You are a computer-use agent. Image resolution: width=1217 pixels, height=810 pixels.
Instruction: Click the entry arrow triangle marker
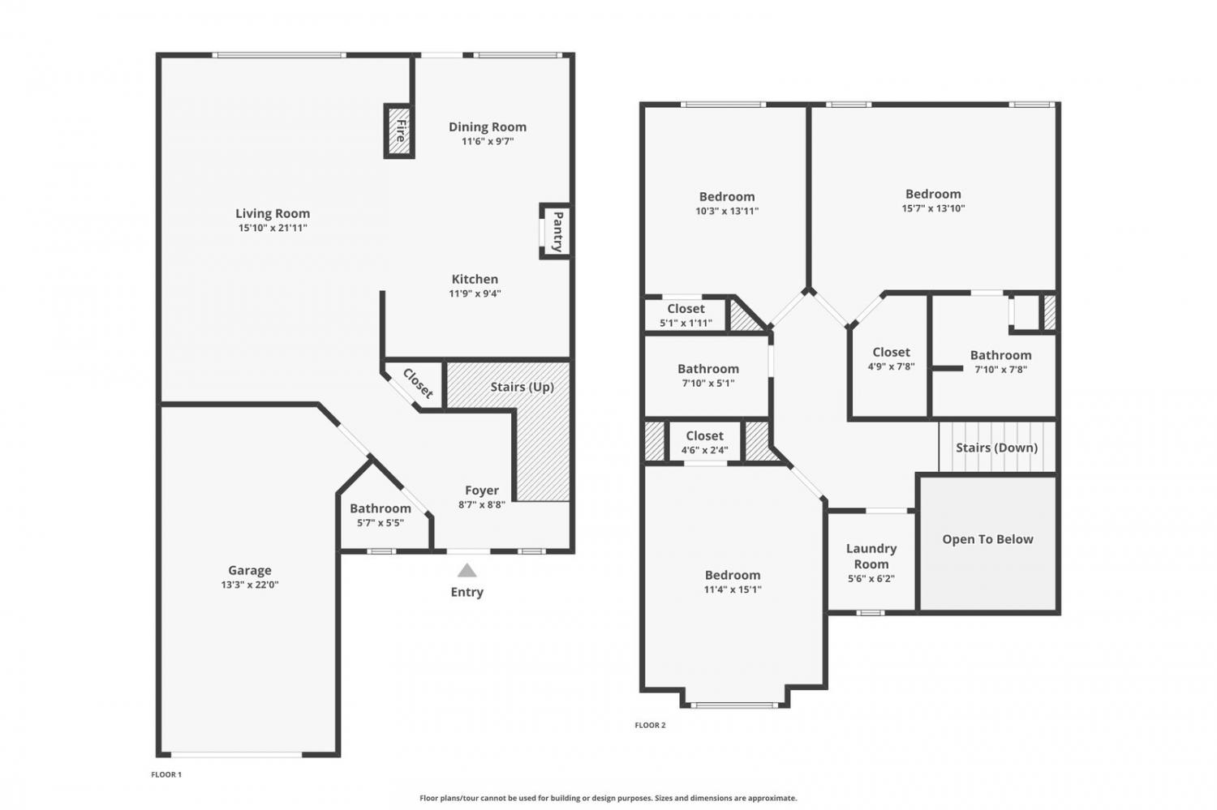pyautogui.click(x=467, y=571)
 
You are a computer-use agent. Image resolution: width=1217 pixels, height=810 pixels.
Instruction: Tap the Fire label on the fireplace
pyautogui.click(x=401, y=131)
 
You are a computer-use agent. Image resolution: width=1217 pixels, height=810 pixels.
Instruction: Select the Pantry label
pyautogui.click(x=557, y=232)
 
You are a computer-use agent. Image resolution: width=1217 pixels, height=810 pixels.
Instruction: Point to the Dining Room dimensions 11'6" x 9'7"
pyautogui.click(x=488, y=142)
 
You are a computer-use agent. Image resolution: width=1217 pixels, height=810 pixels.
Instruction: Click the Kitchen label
pyautogui.click(x=475, y=279)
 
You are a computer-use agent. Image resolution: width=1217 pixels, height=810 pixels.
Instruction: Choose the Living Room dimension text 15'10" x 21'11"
pyautogui.click(x=273, y=228)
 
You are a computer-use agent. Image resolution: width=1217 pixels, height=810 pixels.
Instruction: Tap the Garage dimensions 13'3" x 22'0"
pyautogui.click(x=250, y=585)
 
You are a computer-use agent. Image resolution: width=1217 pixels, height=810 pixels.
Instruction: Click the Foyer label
pyautogui.click(x=482, y=491)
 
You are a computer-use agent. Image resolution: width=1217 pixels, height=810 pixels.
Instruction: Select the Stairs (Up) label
pyautogui.click(x=522, y=387)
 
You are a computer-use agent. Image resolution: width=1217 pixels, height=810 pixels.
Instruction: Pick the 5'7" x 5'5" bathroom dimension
pyautogui.click(x=381, y=523)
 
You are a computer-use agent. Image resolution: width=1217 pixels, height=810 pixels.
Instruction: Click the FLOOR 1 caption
pyautogui.click(x=166, y=774)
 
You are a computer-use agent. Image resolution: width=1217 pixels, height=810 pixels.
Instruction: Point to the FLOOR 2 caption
pyautogui.click(x=650, y=726)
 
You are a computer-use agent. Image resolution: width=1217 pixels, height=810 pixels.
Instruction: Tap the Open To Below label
pyautogui.click(x=987, y=539)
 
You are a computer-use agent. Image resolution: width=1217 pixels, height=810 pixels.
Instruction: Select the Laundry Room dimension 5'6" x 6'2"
pyautogui.click(x=871, y=579)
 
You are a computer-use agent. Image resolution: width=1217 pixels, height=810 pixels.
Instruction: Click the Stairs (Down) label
pyautogui.click(x=997, y=448)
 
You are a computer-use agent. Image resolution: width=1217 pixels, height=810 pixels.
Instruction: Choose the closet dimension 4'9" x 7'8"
pyautogui.click(x=891, y=366)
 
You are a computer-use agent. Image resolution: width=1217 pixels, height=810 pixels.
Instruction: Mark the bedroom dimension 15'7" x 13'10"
pyautogui.click(x=933, y=208)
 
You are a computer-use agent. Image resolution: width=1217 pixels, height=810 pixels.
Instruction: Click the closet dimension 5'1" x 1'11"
pyautogui.click(x=686, y=323)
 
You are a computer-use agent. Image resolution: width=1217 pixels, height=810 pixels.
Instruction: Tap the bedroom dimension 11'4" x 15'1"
pyautogui.click(x=733, y=589)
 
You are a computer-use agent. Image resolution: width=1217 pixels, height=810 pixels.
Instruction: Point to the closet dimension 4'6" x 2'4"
pyautogui.click(x=705, y=450)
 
